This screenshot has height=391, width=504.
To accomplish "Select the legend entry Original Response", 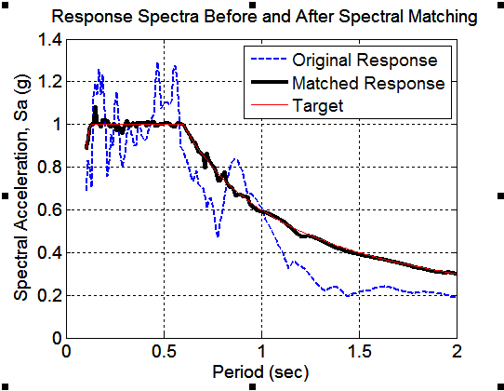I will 364,61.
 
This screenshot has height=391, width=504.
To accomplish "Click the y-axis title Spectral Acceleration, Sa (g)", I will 20,187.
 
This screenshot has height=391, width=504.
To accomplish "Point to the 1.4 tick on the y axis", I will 48,39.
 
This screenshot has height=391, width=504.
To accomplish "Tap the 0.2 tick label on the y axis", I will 48,295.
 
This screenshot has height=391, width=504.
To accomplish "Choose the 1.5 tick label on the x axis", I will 359,352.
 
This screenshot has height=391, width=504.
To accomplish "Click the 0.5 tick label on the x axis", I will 164,352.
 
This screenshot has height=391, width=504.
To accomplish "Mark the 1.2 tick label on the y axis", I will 48,82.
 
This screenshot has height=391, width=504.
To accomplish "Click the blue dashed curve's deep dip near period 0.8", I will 218,235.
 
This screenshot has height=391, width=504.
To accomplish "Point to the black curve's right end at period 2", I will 456,274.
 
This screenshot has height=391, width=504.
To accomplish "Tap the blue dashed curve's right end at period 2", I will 456,296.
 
